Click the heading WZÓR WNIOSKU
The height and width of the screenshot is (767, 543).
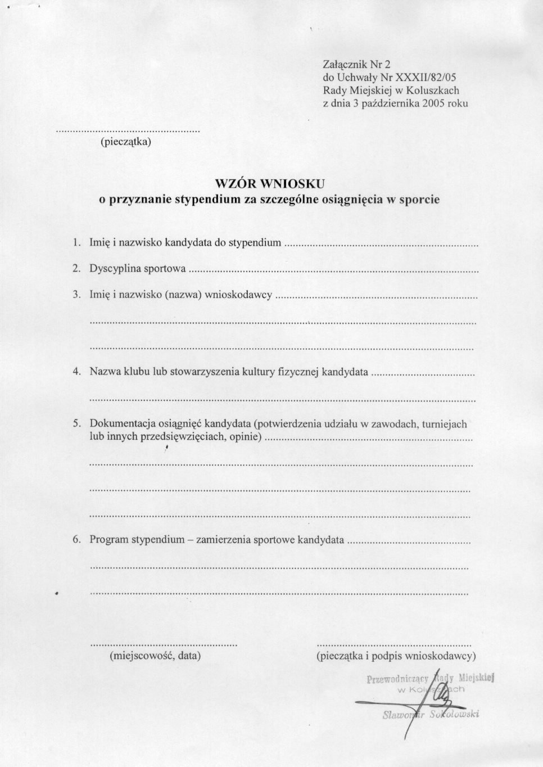point(270,183)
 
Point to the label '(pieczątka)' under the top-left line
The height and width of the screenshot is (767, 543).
point(126,142)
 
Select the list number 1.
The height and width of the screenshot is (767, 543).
point(76,243)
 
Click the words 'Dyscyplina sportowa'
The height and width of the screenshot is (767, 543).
point(138,269)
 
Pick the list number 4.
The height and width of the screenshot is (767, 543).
point(76,372)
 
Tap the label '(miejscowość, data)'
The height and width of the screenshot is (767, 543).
point(155,656)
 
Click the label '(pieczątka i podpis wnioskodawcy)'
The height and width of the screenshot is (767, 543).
point(396,656)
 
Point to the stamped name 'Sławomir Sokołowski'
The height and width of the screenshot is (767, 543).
point(431,715)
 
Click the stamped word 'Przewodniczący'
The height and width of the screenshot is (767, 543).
point(397,679)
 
